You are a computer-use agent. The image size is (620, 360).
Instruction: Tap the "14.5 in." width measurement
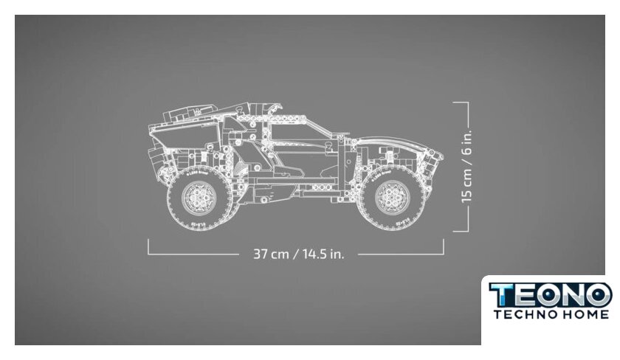coord(323,254)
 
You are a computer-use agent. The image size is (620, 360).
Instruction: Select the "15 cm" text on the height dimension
coord(466,186)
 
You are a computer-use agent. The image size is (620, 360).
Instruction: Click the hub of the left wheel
coord(199,198)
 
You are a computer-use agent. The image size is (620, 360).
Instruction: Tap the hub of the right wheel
coord(392,197)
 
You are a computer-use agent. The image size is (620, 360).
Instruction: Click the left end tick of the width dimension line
coord(148,246)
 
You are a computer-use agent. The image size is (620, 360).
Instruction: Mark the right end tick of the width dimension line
coord(444,246)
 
